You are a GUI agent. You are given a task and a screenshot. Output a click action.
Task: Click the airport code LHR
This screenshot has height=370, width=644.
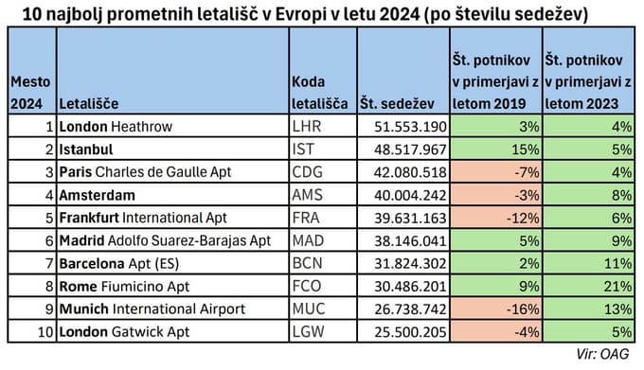click(306, 126)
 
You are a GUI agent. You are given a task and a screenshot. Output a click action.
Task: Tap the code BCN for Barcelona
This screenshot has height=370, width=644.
click(307, 262)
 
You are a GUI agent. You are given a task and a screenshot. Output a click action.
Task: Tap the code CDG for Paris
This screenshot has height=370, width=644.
click(307, 172)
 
